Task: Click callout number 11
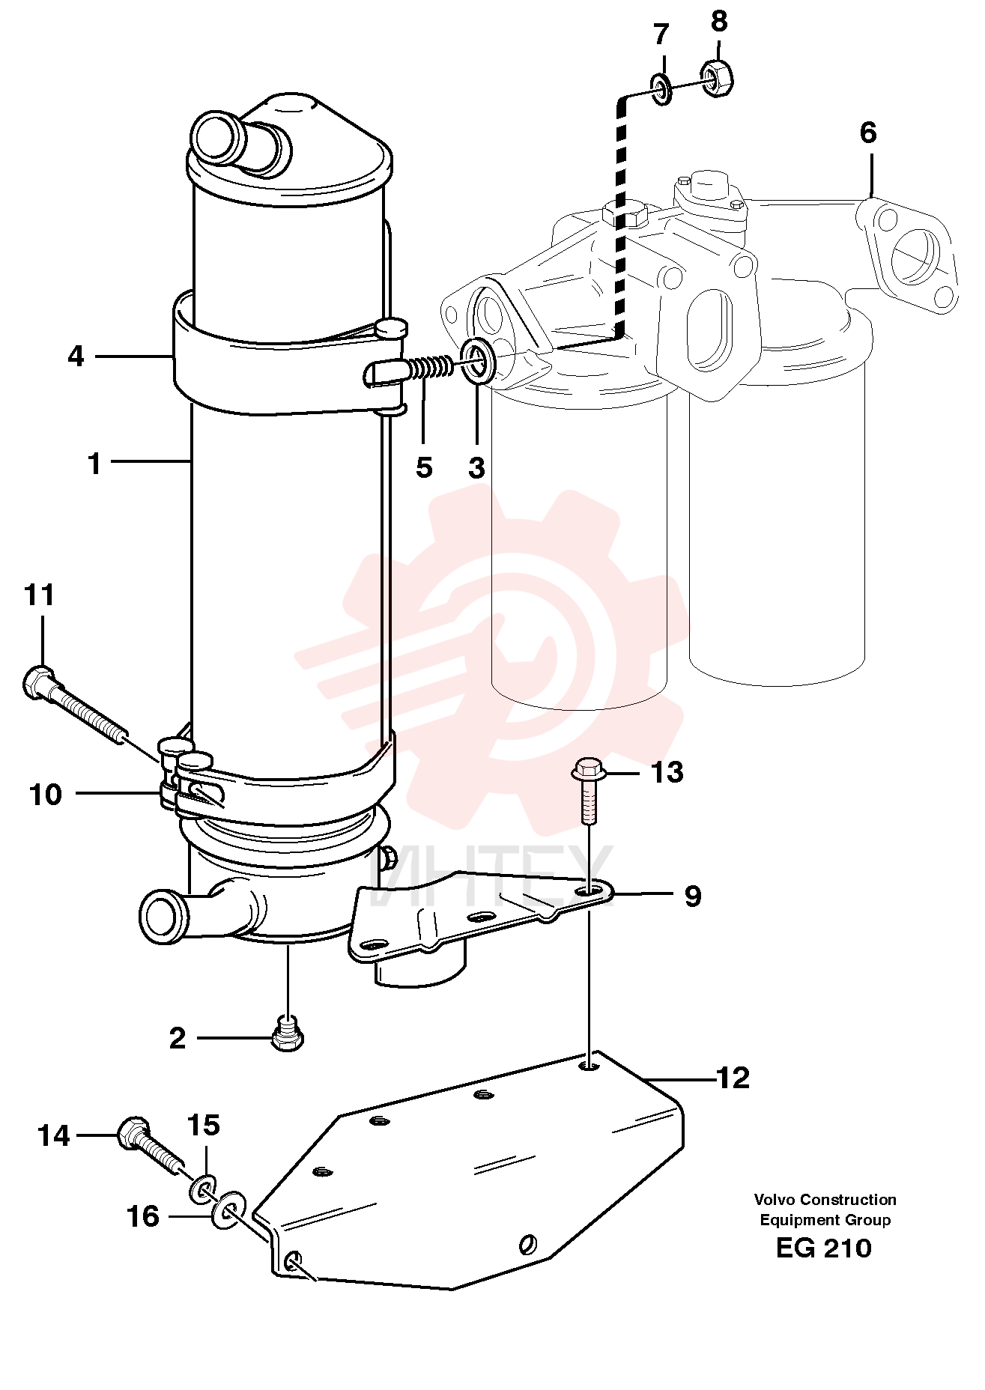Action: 40,596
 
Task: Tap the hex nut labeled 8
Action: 717,78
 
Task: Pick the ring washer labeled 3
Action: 477,359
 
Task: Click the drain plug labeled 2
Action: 287,1033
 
